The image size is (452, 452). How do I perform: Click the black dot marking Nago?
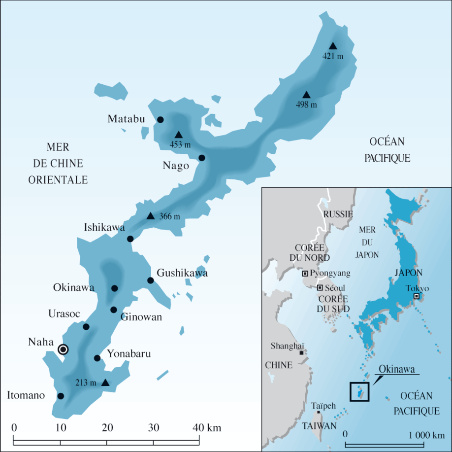201,158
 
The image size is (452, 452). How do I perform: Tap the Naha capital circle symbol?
63,349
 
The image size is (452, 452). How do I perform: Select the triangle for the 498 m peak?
306,95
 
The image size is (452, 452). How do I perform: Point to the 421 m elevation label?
333,56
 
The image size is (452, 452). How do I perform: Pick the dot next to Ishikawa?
130,239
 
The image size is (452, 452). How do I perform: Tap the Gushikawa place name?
182,273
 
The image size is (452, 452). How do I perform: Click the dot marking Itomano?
61,396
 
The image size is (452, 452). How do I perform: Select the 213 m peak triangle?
105,382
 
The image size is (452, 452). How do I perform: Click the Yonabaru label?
129,354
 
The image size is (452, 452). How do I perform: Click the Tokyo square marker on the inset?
417,296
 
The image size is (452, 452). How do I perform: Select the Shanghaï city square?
301,352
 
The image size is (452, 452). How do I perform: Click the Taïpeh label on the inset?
323,406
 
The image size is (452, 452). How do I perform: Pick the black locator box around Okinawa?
359,391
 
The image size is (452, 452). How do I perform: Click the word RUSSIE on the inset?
338,214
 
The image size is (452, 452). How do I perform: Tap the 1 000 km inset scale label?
426,435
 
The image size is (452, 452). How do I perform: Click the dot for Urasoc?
86,327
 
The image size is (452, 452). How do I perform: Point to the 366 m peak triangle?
151,216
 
